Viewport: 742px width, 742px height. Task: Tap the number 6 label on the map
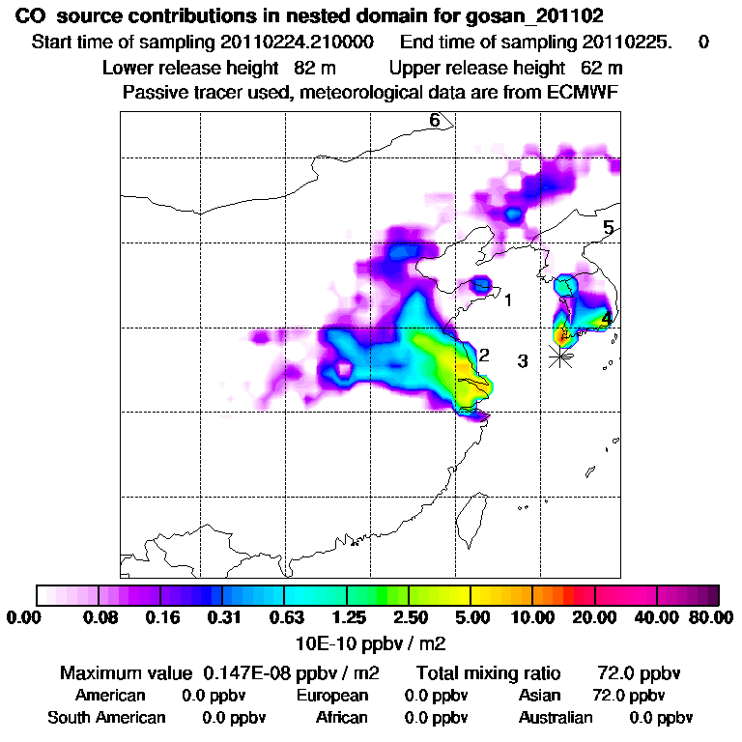pyautogui.click(x=435, y=121)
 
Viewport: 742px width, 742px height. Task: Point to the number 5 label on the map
pyautogui.click(x=609, y=229)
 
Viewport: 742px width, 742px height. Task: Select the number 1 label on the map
pyautogui.click(x=508, y=300)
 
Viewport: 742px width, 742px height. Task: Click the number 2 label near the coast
pyautogui.click(x=485, y=355)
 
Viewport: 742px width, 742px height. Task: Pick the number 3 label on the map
pyautogui.click(x=522, y=362)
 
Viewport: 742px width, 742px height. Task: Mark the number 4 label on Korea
pyautogui.click(x=606, y=318)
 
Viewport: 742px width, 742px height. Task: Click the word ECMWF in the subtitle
pyautogui.click(x=585, y=93)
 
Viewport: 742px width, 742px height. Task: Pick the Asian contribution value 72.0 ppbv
pyautogui.click(x=628, y=696)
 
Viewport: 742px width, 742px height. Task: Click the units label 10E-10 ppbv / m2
pyautogui.click(x=370, y=641)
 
